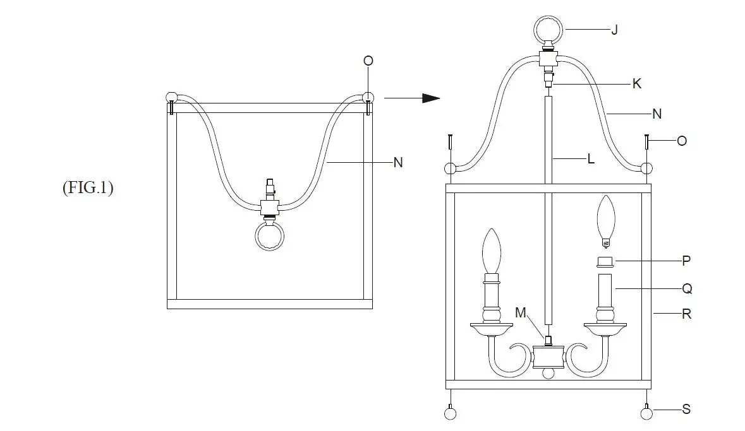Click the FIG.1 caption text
(88, 189)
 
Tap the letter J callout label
(614, 30)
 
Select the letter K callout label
(637, 83)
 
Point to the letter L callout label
(591, 160)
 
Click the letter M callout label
(520, 313)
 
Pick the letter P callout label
(686, 261)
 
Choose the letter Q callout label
(687, 288)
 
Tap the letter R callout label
(687, 314)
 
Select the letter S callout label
(686, 410)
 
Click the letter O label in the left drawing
(368, 61)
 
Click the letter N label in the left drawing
(398, 162)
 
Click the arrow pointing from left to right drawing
(411, 98)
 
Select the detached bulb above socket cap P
(607, 221)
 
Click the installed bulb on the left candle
(492, 251)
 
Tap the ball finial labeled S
(646, 413)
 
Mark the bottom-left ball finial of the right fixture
(450, 413)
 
